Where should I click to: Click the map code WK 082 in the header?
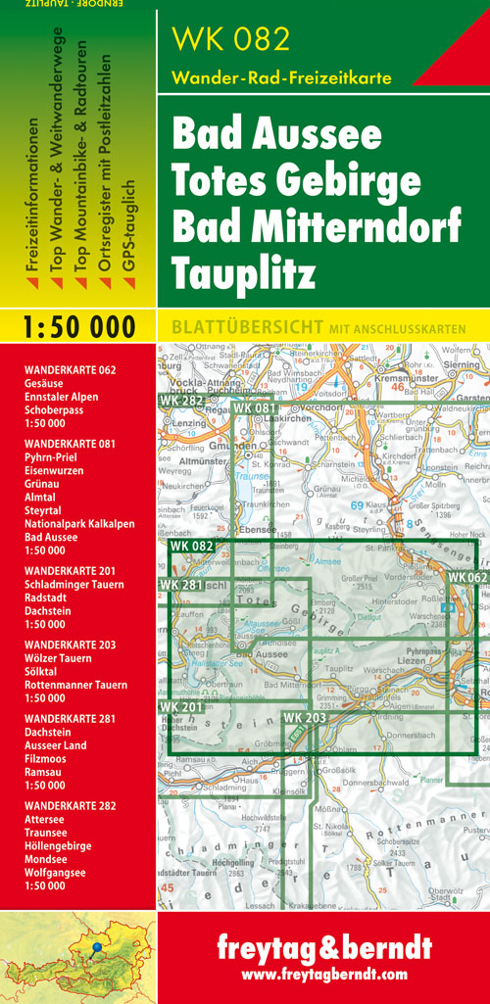click(231, 39)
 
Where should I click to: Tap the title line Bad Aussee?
click(277, 134)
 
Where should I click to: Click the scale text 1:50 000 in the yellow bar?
click(77, 327)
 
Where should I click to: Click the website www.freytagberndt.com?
click(323, 975)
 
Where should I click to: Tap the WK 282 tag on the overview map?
click(181, 400)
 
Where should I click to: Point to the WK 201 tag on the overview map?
click(181, 679)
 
